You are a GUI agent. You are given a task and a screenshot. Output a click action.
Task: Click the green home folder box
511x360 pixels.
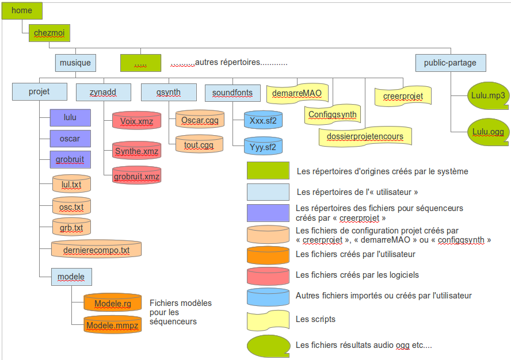pyautogui.click(x=22, y=10)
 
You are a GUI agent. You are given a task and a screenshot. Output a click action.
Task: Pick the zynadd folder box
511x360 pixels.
pyautogui.click(x=102, y=92)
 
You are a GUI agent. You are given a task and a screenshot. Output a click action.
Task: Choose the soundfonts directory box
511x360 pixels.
pyautogui.click(x=232, y=93)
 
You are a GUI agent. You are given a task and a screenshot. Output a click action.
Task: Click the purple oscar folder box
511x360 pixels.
pyautogui.click(x=70, y=139)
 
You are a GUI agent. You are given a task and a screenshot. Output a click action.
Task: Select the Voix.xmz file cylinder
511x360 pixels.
pyautogui.click(x=136, y=121)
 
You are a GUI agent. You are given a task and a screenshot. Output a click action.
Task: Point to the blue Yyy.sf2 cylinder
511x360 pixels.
pyautogui.click(x=263, y=147)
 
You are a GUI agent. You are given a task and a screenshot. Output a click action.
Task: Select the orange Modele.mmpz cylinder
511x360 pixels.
pyautogui.click(x=112, y=325)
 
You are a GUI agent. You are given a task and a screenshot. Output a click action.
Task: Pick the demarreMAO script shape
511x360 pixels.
pyautogui.click(x=296, y=93)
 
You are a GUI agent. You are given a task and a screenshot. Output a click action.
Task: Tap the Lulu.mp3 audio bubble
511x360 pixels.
pyautogui.click(x=487, y=96)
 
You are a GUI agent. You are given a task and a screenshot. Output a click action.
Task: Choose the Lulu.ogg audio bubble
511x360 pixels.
pyautogui.click(x=487, y=132)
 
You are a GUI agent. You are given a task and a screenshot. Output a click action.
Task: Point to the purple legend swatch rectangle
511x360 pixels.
pyautogui.click(x=268, y=212)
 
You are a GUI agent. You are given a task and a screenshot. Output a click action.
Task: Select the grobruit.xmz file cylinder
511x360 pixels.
pyautogui.click(x=136, y=176)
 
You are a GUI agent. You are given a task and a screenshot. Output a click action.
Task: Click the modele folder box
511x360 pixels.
pyautogui.click(x=71, y=277)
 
